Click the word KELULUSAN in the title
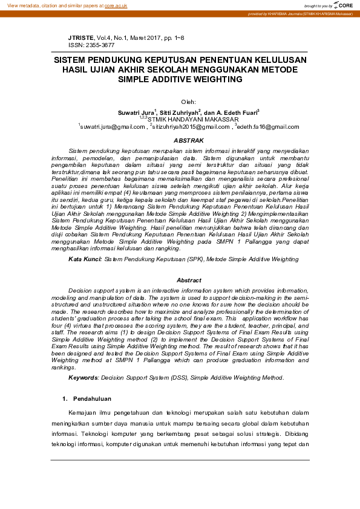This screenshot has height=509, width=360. tap(277, 60)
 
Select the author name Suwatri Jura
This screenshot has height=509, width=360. tap(136, 112)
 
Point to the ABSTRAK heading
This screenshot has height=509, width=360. tap(189, 140)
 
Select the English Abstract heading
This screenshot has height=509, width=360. tap(189, 280)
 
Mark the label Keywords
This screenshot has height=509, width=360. tap(83, 377)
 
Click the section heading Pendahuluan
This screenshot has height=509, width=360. tap(92, 399)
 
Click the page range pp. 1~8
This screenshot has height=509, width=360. tap(172, 38)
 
